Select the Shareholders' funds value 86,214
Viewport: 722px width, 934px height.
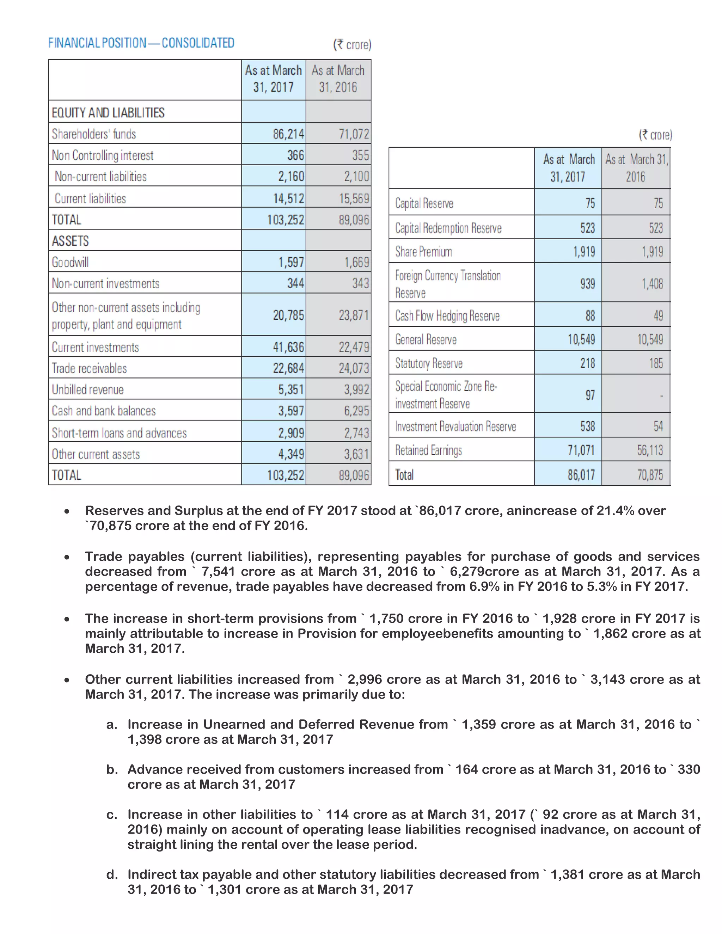click(x=289, y=134)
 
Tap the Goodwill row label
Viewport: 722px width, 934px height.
click(x=70, y=262)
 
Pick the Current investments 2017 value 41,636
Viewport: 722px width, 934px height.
click(x=289, y=347)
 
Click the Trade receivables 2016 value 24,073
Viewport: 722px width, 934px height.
click(x=354, y=368)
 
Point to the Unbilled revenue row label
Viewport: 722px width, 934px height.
click(x=88, y=389)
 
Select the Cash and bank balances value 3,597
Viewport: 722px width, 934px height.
click(x=291, y=411)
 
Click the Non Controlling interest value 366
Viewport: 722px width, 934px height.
click(x=295, y=155)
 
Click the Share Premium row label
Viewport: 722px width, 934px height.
click(x=423, y=251)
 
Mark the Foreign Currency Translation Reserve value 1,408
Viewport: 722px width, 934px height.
click(x=652, y=283)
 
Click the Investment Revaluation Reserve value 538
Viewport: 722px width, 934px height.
click(x=587, y=426)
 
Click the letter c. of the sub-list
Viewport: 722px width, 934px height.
click(x=112, y=815)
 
